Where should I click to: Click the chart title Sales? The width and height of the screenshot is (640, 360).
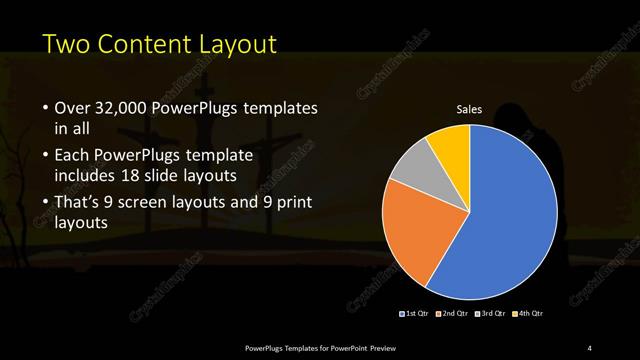click(470, 109)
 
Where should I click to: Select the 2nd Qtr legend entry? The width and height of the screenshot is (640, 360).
click(453, 315)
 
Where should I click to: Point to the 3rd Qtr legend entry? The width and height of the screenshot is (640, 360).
click(491, 315)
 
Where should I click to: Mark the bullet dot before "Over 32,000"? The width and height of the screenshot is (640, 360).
click(46, 109)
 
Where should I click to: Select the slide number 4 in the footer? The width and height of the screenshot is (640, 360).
click(590, 347)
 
